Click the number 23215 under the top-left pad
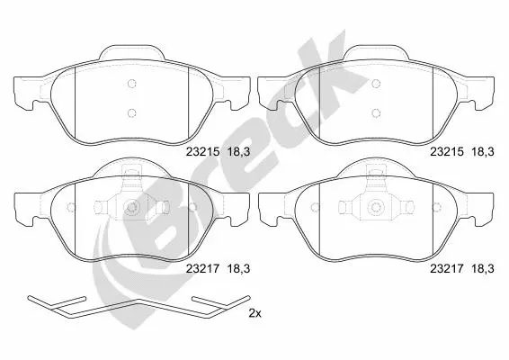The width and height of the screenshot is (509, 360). pyautogui.click(x=203, y=152)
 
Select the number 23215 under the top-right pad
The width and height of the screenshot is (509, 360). pyautogui.click(x=447, y=152)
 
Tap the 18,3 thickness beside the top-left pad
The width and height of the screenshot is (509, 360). pyautogui.click(x=239, y=152)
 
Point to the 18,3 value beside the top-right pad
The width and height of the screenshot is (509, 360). pyautogui.click(x=483, y=152)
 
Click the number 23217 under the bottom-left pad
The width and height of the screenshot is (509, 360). pyautogui.click(x=203, y=268)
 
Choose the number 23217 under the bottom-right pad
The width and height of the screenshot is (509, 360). pyautogui.click(x=447, y=268)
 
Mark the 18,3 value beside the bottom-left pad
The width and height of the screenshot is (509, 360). pyautogui.click(x=239, y=268)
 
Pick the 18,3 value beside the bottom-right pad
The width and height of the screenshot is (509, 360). pyautogui.click(x=483, y=268)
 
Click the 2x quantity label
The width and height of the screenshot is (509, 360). pyautogui.click(x=255, y=313)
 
